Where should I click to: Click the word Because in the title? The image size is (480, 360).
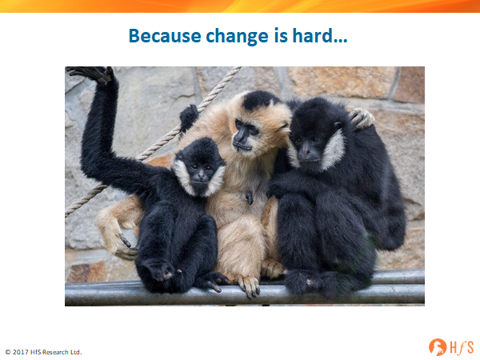tap(165, 35)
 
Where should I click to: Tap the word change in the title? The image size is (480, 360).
tap(237, 37)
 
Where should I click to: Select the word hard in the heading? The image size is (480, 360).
tap(312, 35)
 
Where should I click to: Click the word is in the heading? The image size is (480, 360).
tap(281, 35)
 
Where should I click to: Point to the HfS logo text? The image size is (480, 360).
tap(462, 348)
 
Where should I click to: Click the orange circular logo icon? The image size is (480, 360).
tap(438, 347)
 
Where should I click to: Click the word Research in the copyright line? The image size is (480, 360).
tap(54, 352)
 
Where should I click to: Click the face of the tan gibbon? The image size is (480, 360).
tap(246, 134)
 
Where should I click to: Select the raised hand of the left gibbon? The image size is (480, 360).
tap(92, 74)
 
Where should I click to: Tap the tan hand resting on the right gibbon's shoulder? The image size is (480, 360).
tap(362, 118)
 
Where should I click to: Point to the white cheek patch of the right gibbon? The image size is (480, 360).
tap(334, 150)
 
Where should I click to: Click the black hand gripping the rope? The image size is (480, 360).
tap(188, 117)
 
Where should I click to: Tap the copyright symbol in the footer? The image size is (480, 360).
tap(8, 352)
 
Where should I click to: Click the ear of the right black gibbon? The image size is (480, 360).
tap(338, 125)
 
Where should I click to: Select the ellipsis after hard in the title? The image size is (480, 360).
tap(341, 41)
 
